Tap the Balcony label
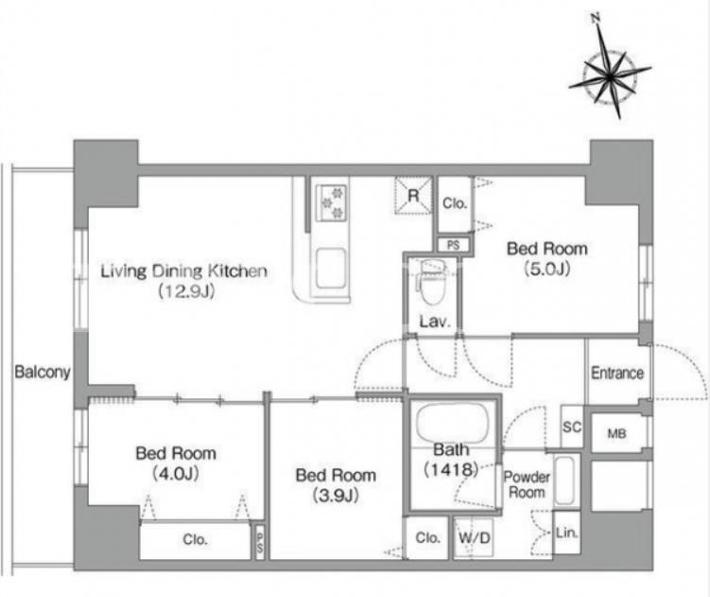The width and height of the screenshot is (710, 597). point(43,372)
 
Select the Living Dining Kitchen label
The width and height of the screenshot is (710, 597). point(183,272)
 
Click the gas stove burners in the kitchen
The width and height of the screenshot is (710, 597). point(333,202)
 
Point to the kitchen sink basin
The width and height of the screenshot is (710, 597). point(331,269)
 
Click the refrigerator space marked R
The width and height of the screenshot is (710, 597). point(413,195)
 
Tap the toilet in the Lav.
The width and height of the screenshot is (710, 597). point(432,283)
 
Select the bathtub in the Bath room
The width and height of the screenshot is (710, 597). point(452,424)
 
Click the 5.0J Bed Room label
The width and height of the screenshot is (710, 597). point(547,258)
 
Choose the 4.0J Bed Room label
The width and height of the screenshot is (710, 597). point(176,463)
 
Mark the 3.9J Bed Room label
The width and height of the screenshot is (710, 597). point(336,485)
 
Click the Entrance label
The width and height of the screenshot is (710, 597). point(617,373)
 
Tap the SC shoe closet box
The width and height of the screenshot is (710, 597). point(571,427)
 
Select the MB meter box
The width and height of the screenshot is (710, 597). point(616,433)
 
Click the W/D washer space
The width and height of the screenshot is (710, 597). point(474,537)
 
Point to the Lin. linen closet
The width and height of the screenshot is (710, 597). point(566,533)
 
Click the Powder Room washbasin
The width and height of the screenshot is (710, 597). point(564,481)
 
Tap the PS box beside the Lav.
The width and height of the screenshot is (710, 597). point(453,245)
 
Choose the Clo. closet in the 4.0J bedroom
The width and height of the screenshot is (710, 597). point(195,539)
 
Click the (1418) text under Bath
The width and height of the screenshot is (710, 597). point(451,469)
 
